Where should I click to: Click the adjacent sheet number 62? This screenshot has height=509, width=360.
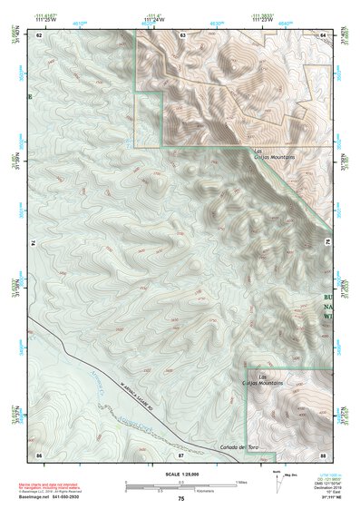point(40,34)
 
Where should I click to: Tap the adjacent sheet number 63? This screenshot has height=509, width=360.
point(182,34)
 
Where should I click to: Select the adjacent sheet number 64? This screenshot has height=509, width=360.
point(324,34)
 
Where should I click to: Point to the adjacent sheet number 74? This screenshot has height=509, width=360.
point(33,242)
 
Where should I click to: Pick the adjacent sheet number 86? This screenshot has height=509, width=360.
point(39,453)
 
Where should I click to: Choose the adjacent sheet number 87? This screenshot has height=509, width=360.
point(180,453)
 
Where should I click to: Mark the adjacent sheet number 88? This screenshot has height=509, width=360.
point(324,453)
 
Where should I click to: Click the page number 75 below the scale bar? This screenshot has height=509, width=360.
point(181,499)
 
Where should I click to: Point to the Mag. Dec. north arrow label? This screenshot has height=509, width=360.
point(290,473)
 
